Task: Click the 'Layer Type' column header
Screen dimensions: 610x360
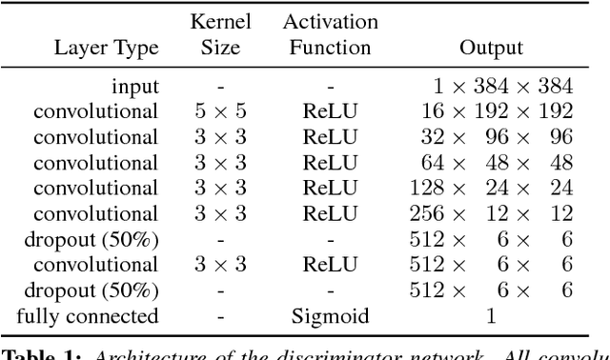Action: click(x=105, y=48)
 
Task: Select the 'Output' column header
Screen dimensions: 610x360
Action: click(x=491, y=48)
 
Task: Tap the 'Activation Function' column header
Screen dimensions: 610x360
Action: click(x=331, y=34)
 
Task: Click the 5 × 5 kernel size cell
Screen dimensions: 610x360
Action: click(x=220, y=111)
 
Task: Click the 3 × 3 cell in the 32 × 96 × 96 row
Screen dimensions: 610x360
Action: click(x=220, y=136)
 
